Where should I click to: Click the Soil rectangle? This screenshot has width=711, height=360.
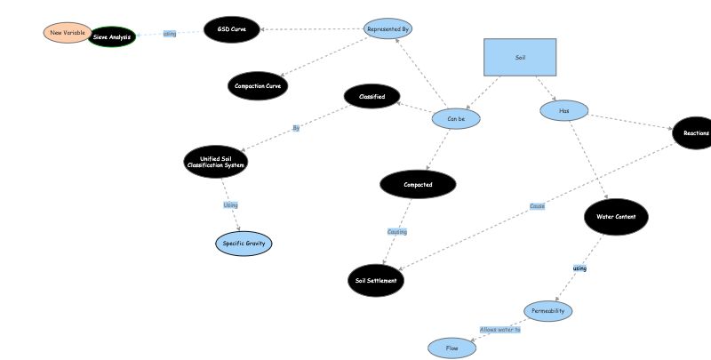(520, 57)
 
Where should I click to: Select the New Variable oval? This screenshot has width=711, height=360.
(67, 33)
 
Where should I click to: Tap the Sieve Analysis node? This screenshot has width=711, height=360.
(113, 37)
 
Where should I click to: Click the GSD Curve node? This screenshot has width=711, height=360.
(231, 29)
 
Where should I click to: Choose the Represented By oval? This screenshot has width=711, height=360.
(387, 29)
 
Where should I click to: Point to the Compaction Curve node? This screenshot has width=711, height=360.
(258, 86)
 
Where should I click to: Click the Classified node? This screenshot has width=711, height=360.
(371, 96)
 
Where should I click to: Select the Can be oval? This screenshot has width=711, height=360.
(456, 118)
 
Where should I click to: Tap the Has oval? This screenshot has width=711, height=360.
(564, 111)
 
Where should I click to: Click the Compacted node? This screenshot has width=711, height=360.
(418, 185)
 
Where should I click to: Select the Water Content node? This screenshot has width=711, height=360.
(617, 216)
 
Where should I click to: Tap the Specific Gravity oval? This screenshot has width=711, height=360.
(243, 243)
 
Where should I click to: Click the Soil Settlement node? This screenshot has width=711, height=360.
(376, 280)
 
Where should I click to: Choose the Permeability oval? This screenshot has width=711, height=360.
(547, 311)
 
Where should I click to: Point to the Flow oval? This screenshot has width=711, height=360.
(452, 348)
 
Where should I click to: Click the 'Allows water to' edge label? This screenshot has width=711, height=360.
(499, 330)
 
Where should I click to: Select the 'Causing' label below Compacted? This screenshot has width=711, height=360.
(396, 232)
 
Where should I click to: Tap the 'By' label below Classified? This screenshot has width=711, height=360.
(296, 128)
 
